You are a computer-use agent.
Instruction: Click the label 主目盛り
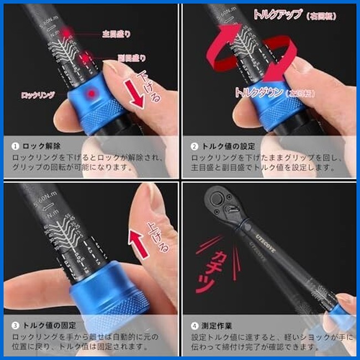tap(117, 34)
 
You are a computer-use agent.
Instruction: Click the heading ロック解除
tap(44, 147)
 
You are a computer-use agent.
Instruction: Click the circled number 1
tap(15, 147)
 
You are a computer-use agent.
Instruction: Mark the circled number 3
tap(15, 325)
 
